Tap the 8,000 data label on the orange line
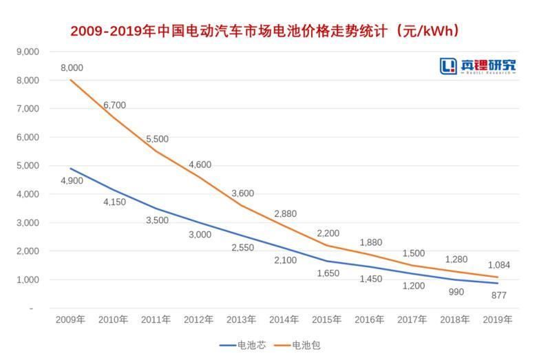72,67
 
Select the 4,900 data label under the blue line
72,182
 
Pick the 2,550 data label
243,247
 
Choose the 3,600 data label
243,193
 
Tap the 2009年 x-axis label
71,319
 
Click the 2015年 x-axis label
327,319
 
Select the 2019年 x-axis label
498,319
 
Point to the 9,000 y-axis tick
27,52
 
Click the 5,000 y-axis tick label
27,166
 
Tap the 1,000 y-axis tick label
27,280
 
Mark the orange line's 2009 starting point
71,80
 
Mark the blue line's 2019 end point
498,283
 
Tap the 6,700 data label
114,105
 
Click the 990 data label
455,292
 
